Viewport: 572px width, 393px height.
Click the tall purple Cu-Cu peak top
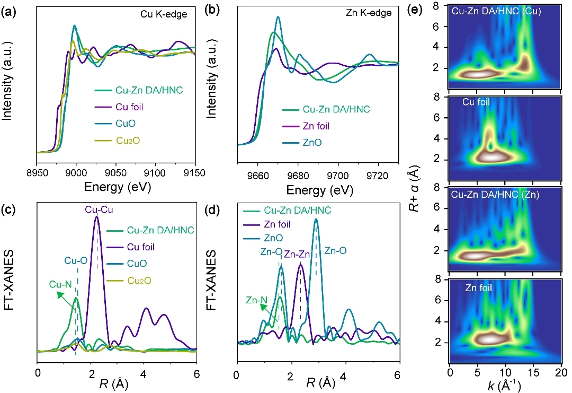(96, 217)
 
